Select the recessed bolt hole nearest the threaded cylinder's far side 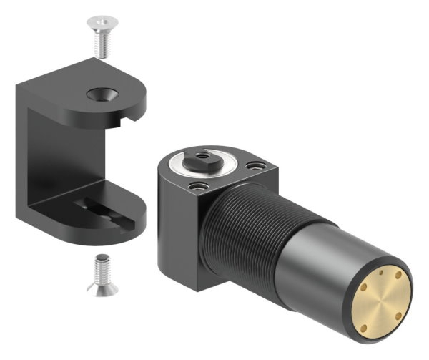click(252, 166)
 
